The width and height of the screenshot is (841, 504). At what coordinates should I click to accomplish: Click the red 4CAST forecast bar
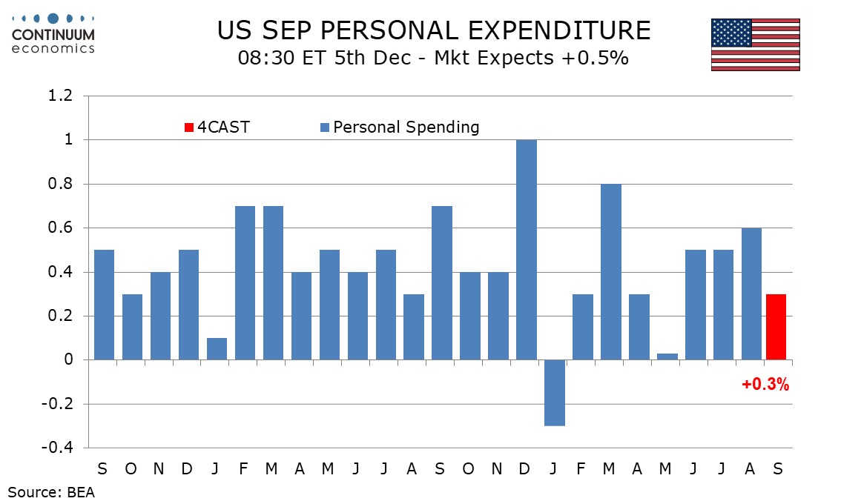tap(775, 327)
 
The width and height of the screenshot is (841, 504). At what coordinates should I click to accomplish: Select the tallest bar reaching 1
tap(527, 250)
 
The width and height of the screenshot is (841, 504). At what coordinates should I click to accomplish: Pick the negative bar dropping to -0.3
tap(555, 393)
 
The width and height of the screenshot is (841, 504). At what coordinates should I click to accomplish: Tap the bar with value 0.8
tap(611, 272)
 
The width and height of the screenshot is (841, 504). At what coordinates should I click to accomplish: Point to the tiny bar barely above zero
tap(667, 357)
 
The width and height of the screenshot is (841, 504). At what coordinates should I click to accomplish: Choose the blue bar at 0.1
tap(217, 349)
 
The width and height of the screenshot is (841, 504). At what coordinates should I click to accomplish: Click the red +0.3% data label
tap(765, 385)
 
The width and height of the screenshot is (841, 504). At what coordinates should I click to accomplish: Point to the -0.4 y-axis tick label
tap(59, 448)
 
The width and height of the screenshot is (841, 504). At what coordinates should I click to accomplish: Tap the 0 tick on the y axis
tap(69, 360)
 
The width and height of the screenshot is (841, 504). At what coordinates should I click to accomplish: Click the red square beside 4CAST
tap(189, 127)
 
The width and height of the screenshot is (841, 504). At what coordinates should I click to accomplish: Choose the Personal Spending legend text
tap(406, 127)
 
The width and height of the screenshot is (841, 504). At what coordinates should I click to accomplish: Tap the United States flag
tap(755, 44)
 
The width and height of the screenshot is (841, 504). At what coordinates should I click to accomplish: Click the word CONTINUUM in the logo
tap(53, 35)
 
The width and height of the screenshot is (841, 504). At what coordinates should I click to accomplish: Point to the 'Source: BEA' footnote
tap(52, 491)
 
